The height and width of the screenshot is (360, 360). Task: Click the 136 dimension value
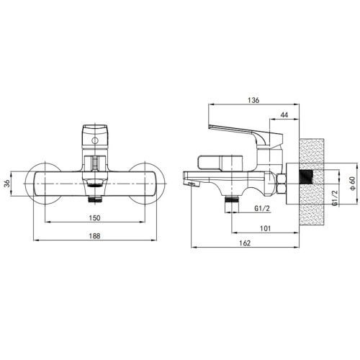click(x=253, y=100)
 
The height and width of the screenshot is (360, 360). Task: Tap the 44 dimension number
click(x=284, y=115)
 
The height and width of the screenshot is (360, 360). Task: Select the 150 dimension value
click(x=94, y=218)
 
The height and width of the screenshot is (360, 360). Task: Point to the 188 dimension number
click(x=94, y=236)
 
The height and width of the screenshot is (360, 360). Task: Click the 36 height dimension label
click(x=8, y=184)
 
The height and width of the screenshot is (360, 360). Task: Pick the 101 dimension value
click(x=266, y=228)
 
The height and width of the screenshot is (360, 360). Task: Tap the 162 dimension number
click(x=245, y=243)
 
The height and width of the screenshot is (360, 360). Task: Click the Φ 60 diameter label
click(x=352, y=184)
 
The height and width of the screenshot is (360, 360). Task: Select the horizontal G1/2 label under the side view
click(x=262, y=208)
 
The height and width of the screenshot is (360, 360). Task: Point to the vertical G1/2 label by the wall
click(x=335, y=197)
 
